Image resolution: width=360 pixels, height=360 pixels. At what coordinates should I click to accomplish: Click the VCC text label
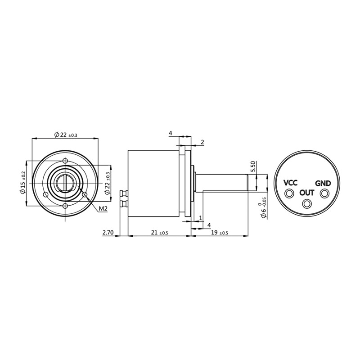coord(290,183)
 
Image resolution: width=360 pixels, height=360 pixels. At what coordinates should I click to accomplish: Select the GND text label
coord(323,183)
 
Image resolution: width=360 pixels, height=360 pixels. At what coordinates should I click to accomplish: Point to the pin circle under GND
coord(324,193)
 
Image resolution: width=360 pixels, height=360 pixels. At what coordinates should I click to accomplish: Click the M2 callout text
coord(103,208)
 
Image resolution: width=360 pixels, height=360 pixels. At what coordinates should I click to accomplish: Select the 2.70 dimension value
coord(108,232)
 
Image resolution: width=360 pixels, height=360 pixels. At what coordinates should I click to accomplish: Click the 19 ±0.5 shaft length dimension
coord(219,232)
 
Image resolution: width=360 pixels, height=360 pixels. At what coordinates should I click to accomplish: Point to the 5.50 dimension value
coord(253,166)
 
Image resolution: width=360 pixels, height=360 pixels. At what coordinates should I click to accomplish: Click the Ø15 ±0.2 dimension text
coord(23,182)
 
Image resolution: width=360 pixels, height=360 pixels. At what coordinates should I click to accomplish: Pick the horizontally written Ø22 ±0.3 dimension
coord(65,135)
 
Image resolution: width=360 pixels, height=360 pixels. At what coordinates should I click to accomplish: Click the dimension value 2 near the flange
coord(202,142)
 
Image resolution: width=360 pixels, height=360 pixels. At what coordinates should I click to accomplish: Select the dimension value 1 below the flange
coord(200,218)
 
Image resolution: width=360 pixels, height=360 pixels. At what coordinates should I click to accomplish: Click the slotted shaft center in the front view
coord(65,183)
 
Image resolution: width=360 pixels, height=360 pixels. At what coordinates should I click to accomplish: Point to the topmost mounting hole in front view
coord(65,161)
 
